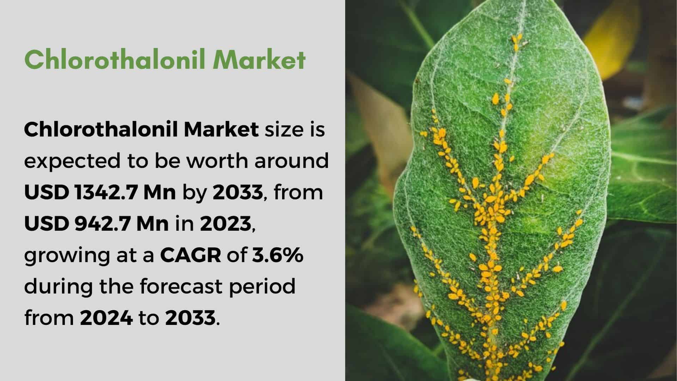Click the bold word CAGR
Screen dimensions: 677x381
pos(191,255)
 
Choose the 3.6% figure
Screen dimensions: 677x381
pos(277,255)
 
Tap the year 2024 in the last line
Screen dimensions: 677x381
pos(106,318)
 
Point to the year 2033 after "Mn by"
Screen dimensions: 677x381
pos(238,193)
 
